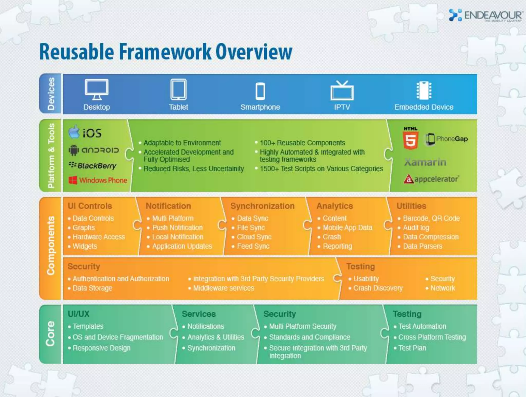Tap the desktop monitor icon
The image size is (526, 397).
(97, 89)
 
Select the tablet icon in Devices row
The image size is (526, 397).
(179, 89)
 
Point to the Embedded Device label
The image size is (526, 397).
(424, 107)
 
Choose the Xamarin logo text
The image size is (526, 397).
(425, 162)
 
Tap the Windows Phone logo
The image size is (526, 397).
(98, 180)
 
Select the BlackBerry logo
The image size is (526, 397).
(93, 166)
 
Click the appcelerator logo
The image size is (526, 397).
(431, 179)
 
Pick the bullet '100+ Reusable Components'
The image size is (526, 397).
(302, 143)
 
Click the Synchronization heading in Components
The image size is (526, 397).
(262, 206)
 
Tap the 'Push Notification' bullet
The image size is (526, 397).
(177, 228)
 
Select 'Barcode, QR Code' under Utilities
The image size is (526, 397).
(431, 218)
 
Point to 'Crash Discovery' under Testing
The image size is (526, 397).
(378, 288)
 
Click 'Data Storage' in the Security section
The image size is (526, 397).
(92, 288)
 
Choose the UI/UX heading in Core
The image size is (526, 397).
(79, 314)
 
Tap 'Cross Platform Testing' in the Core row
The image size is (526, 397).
(432, 337)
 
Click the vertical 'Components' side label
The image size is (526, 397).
(51, 245)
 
